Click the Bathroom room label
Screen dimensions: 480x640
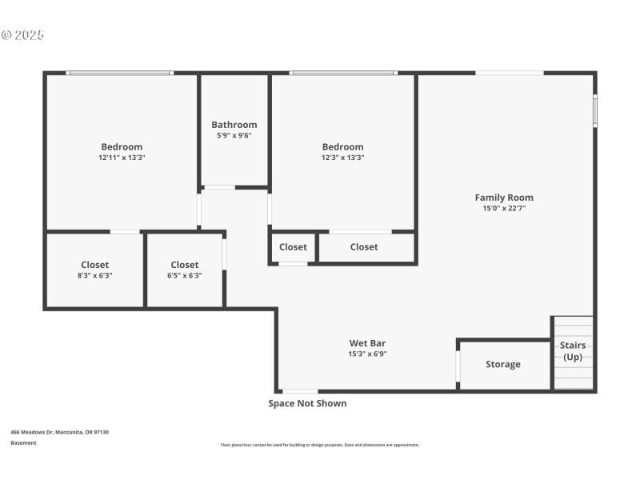[x=234, y=125]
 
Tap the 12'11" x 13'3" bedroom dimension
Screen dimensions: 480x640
[x=122, y=158]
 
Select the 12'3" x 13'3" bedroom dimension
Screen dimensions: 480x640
[x=342, y=158]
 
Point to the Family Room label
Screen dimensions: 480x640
[x=504, y=198]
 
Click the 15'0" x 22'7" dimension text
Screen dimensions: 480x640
[x=504, y=208]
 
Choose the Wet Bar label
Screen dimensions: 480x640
[x=367, y=343]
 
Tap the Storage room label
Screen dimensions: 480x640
[x=503, y=364]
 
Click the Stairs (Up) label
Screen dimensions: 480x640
[x=573, y=351]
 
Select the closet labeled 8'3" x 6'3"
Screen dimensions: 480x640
[x=94, y=270]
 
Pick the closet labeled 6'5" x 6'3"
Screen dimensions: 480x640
[x=185, y=270]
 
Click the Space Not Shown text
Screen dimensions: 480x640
[x=307, y=403]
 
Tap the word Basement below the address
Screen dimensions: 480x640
[x=23, y=442]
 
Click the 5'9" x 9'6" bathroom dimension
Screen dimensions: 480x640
[x=234, y=135]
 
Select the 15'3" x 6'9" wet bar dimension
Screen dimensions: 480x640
[x=367, y=354]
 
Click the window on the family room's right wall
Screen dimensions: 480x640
[x=594, y=111]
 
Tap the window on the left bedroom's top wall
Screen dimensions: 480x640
[x=120, y=73]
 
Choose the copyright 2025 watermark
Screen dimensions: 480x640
[x=22, y=35]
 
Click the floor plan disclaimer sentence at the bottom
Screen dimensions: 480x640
[x=319, y=445]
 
